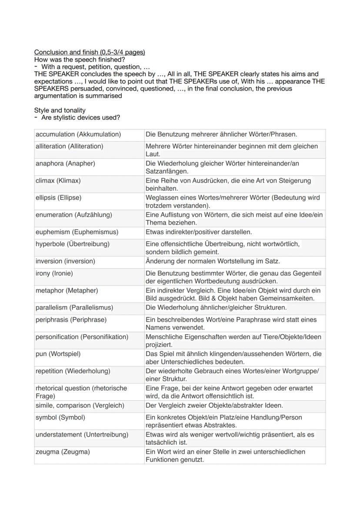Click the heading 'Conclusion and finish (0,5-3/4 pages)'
point(90,52)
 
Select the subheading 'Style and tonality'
point(60,110)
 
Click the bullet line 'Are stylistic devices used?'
point(80,118)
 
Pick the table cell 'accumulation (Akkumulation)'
point(78,134)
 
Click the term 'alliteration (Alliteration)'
point(70,146)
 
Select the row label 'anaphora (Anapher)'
point(65,163)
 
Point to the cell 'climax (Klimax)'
point(58,180)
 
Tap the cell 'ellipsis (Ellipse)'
point(59,198)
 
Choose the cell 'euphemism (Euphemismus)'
point(77,232)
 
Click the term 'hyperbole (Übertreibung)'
point(72,244)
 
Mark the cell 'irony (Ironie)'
point(54,273)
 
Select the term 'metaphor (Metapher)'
point(67,290)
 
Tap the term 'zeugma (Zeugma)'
point(63,452)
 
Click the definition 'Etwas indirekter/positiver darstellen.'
point(199,232)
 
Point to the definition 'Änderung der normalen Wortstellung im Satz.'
point(213,261)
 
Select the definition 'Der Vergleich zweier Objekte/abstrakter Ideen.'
point(214,406)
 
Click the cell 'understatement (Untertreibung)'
point(82,435)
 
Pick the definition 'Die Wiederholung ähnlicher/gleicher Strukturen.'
point(216,308)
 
